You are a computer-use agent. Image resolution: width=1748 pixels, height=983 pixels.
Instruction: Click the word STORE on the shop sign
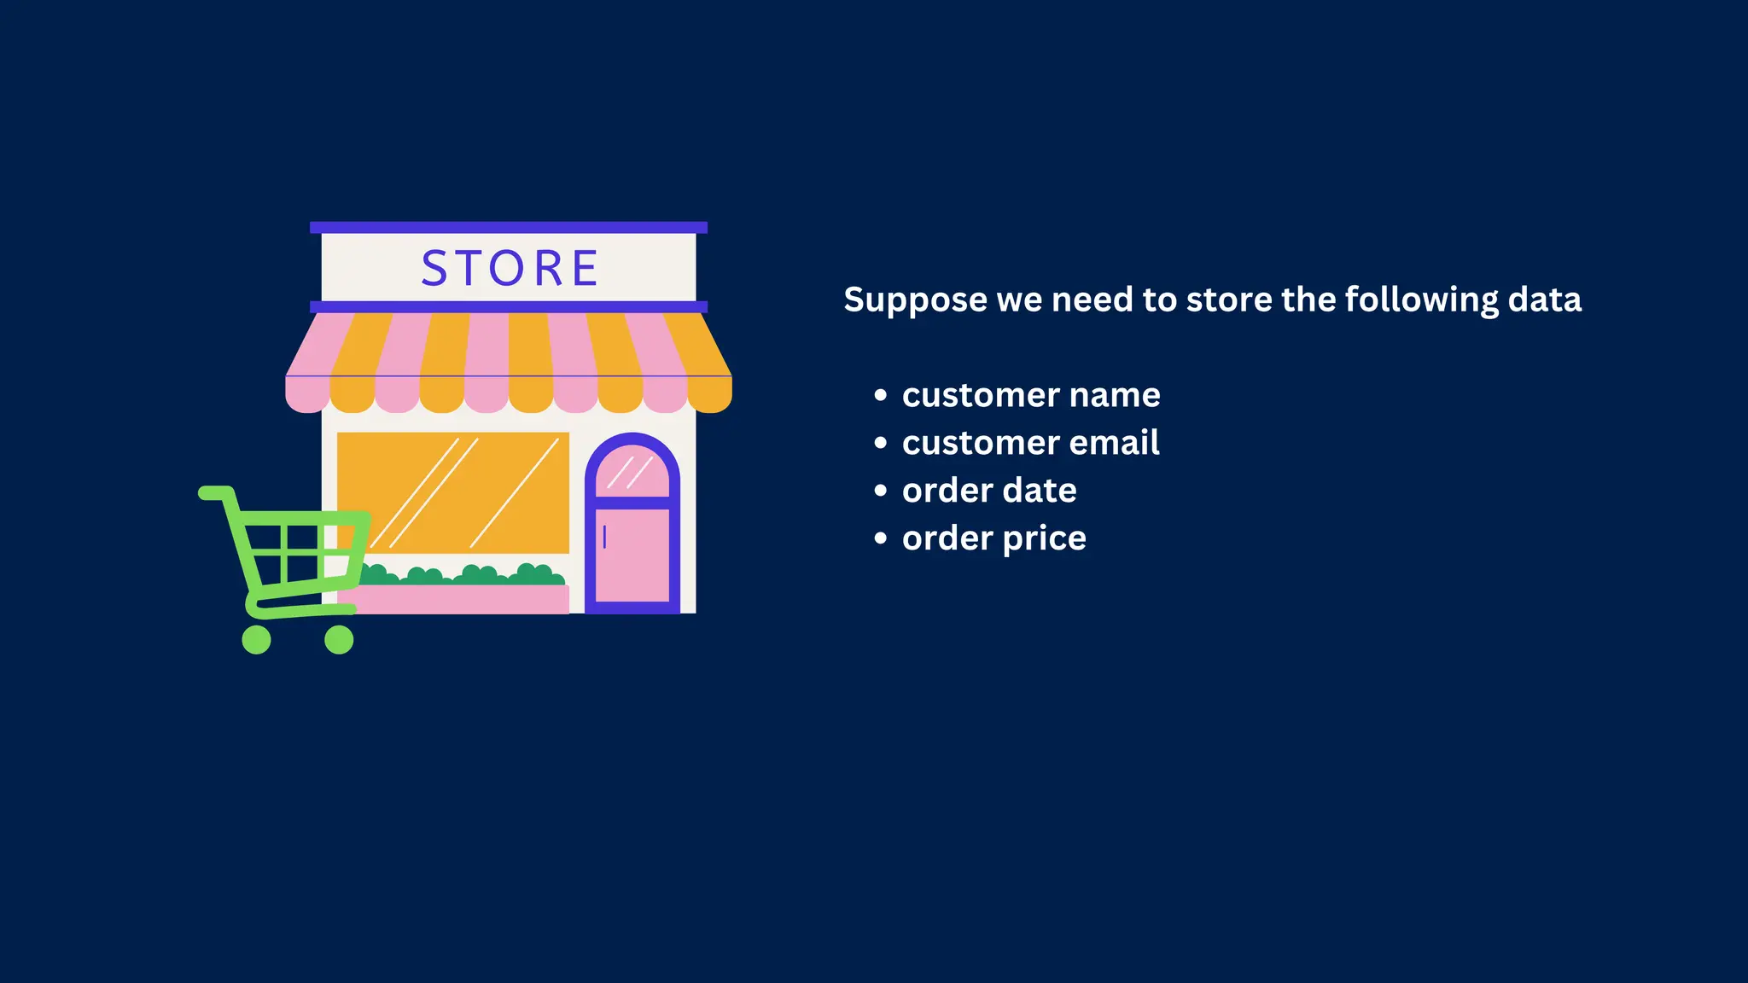click(510, 268)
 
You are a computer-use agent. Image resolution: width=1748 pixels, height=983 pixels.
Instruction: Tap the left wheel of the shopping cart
click(256, 639)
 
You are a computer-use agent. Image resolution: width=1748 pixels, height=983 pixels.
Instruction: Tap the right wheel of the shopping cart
click(339, 639)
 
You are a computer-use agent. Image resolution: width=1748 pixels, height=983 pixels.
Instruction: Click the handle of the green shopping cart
click(215, 492)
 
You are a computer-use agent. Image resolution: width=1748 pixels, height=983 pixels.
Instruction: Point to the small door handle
click(604, 537)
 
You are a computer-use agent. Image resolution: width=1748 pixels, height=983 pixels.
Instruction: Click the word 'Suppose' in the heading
click(916, 300)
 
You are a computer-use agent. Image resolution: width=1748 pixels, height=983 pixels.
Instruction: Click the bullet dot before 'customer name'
click(881, 395)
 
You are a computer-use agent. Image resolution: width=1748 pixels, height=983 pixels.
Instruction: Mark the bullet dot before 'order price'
click(881, 538)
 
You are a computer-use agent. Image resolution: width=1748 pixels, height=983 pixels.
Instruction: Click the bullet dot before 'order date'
click(881, 491)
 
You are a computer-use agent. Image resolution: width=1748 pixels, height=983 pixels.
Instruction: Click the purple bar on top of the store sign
click(509, 227)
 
